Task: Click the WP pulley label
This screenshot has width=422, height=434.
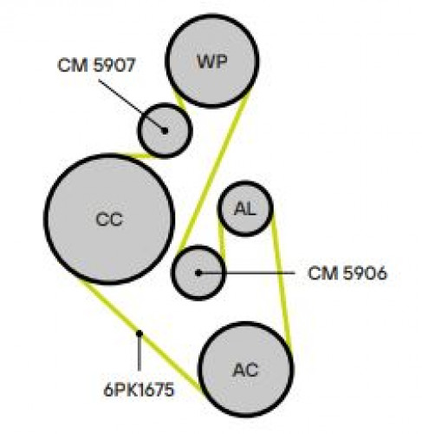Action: [x=211, y=61]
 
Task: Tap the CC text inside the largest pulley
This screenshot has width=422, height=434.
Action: [x=109, y=220]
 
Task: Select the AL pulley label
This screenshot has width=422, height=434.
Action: [x=245, y=208]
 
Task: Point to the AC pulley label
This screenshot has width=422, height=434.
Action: [x=245, y=370]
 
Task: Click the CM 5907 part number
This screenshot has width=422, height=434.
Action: [x=96, y=65]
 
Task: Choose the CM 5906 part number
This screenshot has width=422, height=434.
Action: [x=347, y=273]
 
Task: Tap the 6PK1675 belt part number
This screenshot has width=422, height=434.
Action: [x=139, y=390]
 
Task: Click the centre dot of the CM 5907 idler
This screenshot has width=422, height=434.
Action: [x=165, y=131]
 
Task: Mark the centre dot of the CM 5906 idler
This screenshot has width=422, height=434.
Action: [x=198, y=273]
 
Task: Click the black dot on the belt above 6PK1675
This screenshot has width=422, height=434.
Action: [x=140, y=333]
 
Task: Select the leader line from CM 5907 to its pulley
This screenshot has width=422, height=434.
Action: [x=132, y=105]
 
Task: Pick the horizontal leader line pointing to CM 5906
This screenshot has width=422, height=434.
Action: [x=246, y=273]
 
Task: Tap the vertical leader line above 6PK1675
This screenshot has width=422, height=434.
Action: [x=140, y=352]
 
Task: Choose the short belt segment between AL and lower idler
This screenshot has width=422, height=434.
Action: [x=221, y=240]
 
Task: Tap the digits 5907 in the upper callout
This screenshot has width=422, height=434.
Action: [x=114, y=65]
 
